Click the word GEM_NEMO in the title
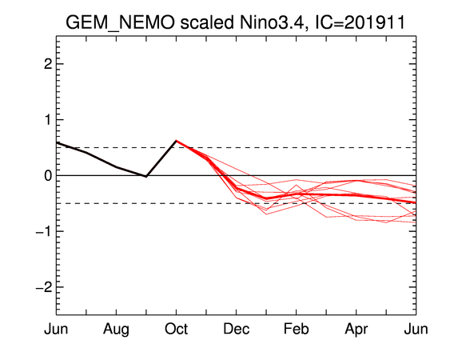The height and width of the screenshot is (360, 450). [120, 23]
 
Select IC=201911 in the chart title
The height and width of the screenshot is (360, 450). [360, 22]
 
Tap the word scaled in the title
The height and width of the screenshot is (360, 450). [207, 22]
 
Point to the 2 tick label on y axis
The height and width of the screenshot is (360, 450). [48, 64]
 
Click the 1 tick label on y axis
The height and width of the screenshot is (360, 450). [48, 119]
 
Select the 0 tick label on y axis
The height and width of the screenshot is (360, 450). [48, 175]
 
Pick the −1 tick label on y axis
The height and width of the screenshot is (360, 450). [44, 231]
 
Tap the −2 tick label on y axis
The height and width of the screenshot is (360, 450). [44, 287]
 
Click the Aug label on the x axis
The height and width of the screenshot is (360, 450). [116, 330]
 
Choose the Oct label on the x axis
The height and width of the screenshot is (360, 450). [176, 329]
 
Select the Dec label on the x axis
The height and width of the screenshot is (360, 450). [237, 329]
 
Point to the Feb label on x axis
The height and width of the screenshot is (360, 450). [297, 329]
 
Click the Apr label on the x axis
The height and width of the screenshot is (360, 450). [356, 330]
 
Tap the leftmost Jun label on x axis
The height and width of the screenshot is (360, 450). [56, 329]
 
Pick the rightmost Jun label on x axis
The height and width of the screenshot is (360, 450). [416, 329]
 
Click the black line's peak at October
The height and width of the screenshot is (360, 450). [176, 141]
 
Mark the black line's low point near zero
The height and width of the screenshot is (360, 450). [146, 177]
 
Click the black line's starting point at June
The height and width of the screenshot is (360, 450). [57, 142]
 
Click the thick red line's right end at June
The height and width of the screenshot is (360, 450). [416, 202]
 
